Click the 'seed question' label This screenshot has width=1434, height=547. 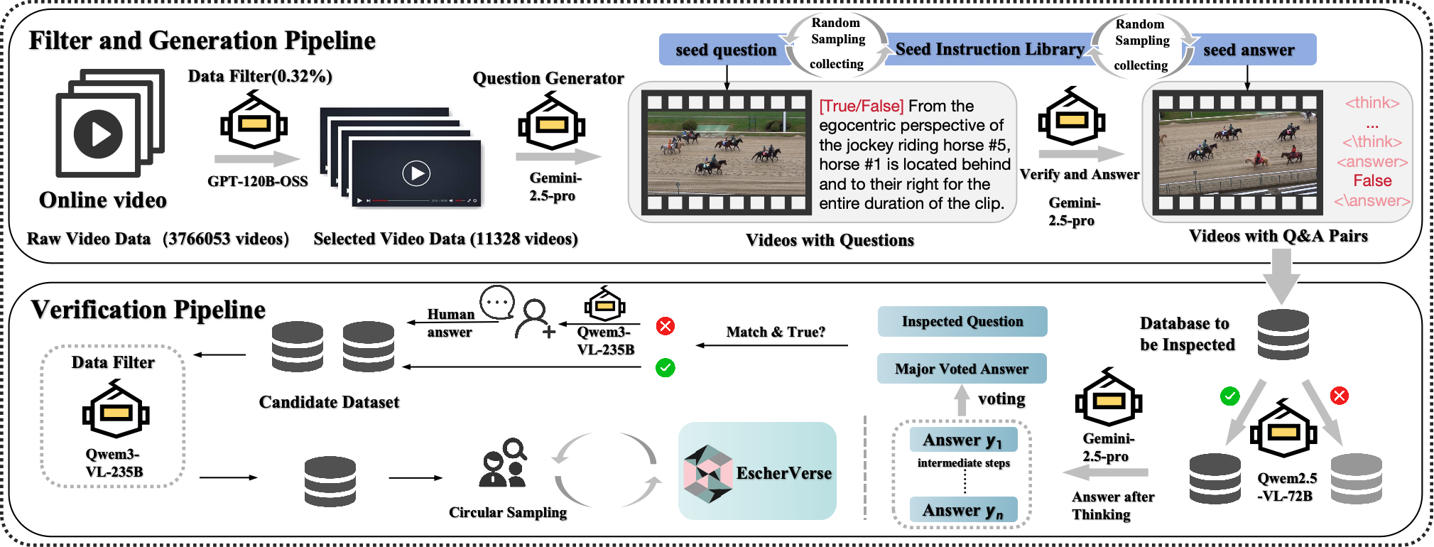coord(726,50)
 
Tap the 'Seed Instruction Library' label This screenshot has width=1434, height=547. coord(989,49)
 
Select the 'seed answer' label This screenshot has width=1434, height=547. coord(1249,50)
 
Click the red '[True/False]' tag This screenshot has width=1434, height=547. coord(862,106)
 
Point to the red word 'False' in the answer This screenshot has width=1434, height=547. coord(1372,180)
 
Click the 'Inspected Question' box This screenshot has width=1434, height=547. coord(962,321)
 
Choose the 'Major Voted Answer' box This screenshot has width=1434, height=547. coord(962,369)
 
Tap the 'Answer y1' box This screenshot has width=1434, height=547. coord(963,440)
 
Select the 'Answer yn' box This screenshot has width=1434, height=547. coord(963,510)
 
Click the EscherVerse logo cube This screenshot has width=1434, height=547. coord(707,473)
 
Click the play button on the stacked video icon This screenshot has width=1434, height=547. coord(98,134)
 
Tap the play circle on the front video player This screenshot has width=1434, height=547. coord(416,173)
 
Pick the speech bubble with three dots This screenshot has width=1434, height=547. coord(497,303)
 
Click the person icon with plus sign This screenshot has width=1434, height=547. coord(535,319)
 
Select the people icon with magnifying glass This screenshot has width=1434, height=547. coord(504,462)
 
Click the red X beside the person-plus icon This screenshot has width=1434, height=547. coord(666,326)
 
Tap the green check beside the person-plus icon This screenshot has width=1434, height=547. coord(666,367)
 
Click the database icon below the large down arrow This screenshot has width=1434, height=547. coord(1283,334)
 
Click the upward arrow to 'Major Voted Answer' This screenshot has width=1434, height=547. coord(962,401)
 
